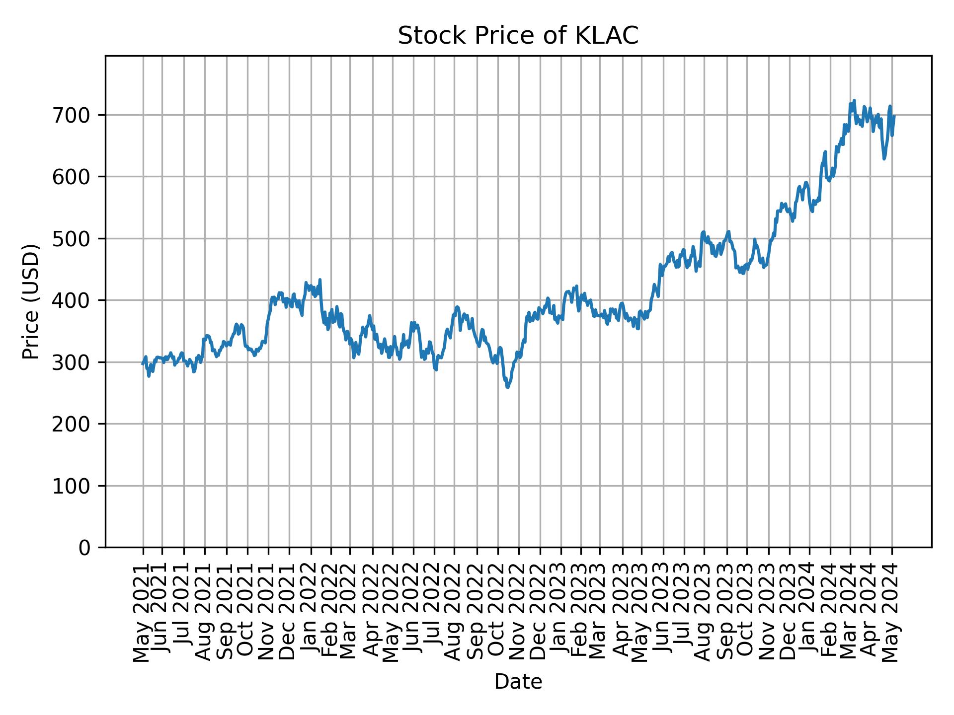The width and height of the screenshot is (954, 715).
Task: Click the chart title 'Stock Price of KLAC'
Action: point(518,36)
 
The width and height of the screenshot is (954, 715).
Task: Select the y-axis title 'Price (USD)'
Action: point(31,301)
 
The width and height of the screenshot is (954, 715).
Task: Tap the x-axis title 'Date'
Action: point(518,682)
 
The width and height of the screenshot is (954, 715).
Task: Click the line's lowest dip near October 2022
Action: point(507,387)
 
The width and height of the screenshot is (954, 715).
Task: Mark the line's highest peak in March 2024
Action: point(854,100)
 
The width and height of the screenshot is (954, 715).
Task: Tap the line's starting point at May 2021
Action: point(143,364)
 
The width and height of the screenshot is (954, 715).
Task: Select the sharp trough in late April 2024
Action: point(884,158)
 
